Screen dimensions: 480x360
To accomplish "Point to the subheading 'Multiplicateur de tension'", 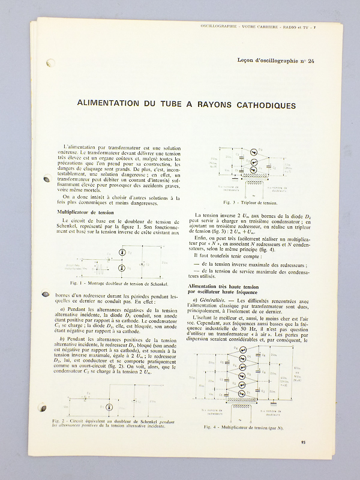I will pyautogui.click(x=85, y=212).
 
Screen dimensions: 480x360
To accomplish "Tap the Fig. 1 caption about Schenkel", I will pyautogui.click(x=116, y=283).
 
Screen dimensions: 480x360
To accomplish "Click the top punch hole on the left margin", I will pyautogui.click(x=51, y=62).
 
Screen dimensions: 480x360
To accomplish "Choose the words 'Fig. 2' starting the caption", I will pyautogui.click(x=59, y=421).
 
